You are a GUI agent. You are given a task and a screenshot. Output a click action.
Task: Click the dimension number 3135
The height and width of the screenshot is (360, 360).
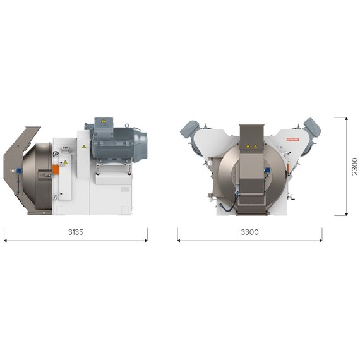(x=76, y=232)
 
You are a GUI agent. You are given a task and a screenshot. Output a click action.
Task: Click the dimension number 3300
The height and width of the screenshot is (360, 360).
(x=249, y=232)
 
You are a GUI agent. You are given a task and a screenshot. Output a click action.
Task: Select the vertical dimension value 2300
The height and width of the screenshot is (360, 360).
(x=355, y=167)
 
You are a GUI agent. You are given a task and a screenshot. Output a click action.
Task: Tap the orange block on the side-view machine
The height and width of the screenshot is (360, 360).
(x=56, y=170)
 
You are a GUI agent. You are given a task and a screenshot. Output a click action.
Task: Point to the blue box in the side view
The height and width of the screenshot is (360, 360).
(x=19, y=171)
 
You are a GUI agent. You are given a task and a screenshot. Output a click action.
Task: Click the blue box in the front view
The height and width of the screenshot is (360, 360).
(x=267, y=170)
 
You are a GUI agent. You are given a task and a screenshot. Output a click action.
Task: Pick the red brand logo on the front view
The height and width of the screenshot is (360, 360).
(x=292, y=140)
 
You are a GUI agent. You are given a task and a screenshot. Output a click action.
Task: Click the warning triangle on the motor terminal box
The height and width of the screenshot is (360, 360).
(x=104, y=121)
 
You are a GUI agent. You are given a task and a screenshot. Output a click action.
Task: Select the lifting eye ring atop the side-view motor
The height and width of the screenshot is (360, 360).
(x=127, y=125)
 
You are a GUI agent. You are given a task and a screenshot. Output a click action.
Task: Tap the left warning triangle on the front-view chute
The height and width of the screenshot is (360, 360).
(x=248, y=146)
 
